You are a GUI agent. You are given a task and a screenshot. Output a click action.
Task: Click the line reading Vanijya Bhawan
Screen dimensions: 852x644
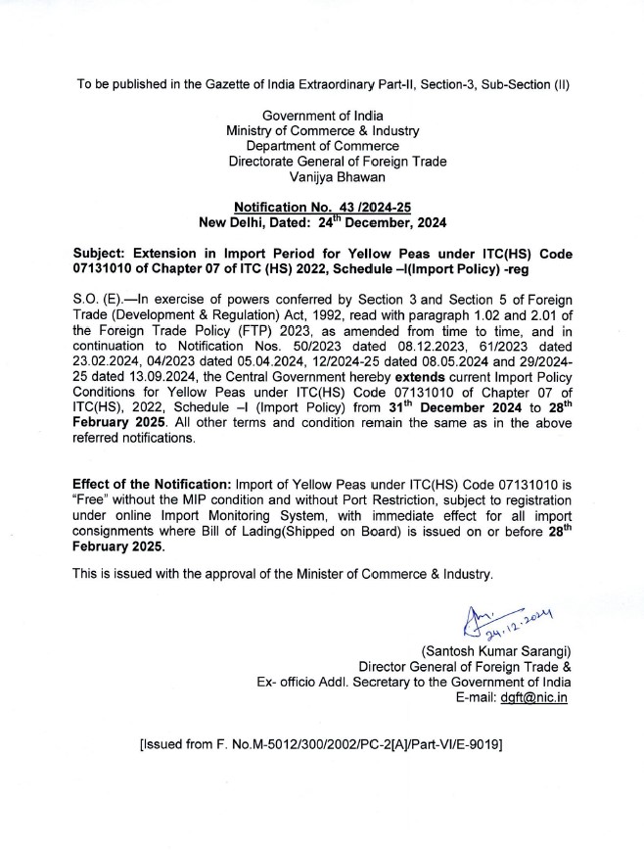(x=323, y=177)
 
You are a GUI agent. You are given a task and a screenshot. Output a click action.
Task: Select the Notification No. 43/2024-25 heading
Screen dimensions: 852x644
(x=322, y=207)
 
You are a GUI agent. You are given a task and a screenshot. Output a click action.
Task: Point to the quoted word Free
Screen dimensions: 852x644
(x=91, y=499)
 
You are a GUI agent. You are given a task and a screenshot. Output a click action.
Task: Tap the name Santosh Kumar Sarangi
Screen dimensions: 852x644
(x=496, y=651)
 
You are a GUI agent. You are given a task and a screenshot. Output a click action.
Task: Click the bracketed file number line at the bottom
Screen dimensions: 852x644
(x=322, y=745)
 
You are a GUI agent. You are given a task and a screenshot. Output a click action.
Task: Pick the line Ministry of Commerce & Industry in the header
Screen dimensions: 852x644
(x=322, y=130)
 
